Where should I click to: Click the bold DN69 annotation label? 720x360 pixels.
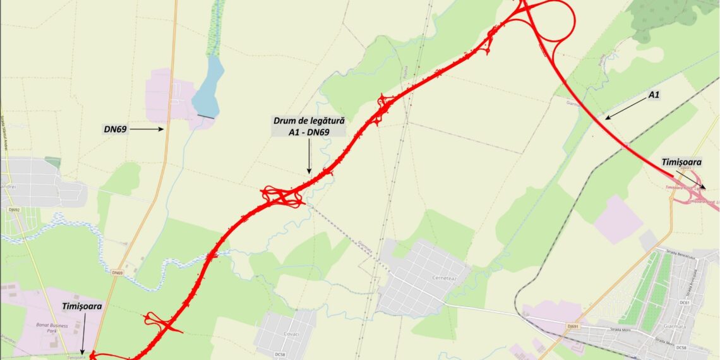pos(116,129)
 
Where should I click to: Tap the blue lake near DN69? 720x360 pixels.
pos(208,85)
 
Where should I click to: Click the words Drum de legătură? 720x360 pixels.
pos(309,120)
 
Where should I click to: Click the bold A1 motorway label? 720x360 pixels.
pos(654,95)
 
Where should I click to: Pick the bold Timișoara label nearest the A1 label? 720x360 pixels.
pos(681,162)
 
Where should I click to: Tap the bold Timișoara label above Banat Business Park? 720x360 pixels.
pos(82,306)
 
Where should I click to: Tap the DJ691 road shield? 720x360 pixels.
pos(573,326)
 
